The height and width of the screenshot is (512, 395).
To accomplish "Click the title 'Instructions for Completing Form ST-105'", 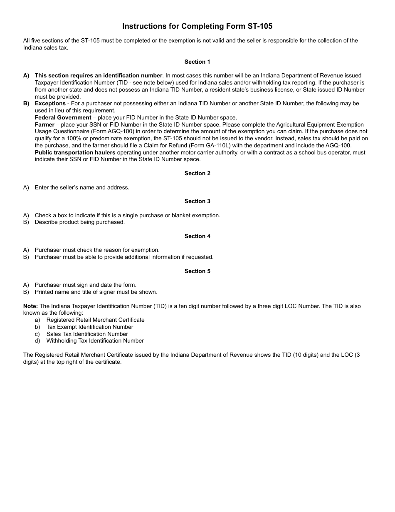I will (x=197, y=26).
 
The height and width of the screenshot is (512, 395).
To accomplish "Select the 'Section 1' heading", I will (x=197, y=62).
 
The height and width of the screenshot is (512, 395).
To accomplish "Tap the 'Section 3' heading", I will (x=197, y=201).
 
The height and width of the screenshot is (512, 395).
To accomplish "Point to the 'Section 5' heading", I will (x=197, y=271).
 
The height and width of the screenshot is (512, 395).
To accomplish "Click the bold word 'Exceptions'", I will (x=50, y=103).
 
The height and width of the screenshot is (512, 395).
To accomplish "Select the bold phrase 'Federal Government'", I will (x=63, y=117).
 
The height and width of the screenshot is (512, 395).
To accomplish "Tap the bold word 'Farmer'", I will (x=44, y=124).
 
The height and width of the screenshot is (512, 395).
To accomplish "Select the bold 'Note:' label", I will (x=30, y=306).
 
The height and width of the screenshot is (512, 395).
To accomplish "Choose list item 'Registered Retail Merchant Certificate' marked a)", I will (x=95, y=320).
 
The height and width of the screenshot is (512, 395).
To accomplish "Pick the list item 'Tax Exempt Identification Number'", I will (x=89, y=327).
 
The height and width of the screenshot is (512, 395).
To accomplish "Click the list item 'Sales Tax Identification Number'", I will (x=87, y=334).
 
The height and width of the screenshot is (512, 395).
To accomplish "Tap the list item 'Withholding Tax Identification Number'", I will (x=95, y=341).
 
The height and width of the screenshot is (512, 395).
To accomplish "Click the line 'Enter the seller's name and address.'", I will (x=82, y=187).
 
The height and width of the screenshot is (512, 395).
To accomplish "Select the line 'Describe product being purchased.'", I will (x=79, y=222).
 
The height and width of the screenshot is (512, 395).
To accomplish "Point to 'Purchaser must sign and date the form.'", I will (x=85, y=285).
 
